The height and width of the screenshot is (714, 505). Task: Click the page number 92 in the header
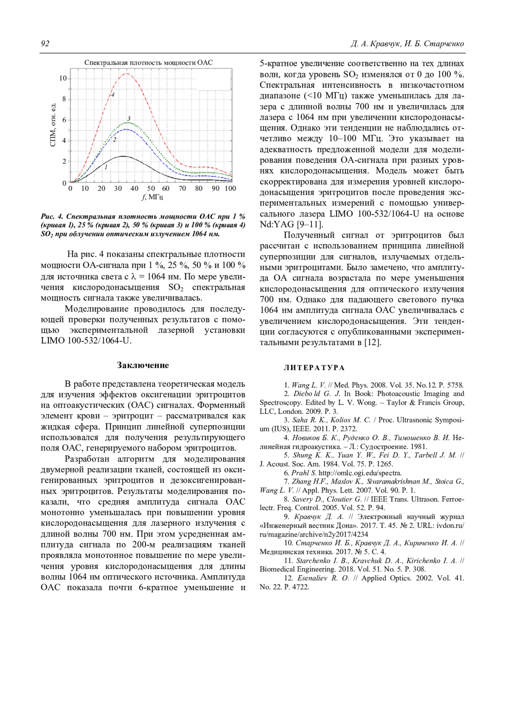click(45, 44)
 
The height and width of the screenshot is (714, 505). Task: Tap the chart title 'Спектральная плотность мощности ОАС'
click(149, 63)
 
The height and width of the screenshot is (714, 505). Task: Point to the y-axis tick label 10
click(63, 78)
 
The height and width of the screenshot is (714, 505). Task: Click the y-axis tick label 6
click(64, 120)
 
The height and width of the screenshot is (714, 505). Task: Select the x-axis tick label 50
click(151, 188)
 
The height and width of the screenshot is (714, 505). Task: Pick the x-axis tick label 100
click(230, 188)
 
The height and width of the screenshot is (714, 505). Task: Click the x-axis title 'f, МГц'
click(152, 197)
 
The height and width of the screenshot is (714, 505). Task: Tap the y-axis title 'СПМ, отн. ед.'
click(53, 125)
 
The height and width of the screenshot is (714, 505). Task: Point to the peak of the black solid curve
click(123, 156)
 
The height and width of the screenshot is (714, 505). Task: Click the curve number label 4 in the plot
click(112, 95)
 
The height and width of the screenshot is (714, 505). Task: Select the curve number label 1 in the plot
click(106, 167)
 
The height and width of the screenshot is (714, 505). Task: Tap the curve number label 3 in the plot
click(129, 119)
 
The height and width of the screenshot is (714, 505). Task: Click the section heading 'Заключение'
click(143, 365)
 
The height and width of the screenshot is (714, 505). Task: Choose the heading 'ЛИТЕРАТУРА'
click(314, 368)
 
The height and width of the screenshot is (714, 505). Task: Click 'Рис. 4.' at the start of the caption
click(52, 217)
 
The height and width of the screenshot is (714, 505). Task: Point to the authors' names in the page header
click(407, 44)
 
